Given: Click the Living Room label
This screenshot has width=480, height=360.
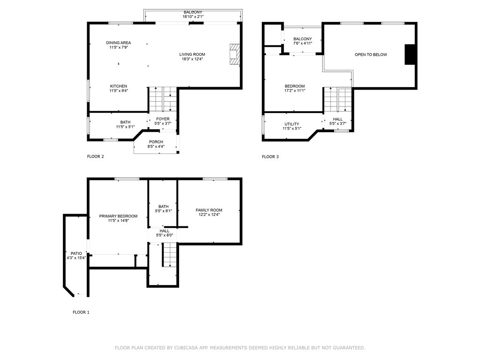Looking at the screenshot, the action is pos(192,54).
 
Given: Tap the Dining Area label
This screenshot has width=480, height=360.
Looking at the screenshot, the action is pos(119,43).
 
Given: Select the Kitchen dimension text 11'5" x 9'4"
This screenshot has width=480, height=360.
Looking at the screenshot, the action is pos(119,91).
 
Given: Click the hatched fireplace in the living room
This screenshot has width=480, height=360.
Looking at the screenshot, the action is pos(235,54).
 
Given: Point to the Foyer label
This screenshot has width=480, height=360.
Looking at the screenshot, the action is pos(163,119).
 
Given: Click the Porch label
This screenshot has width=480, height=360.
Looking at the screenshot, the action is pos(156,142).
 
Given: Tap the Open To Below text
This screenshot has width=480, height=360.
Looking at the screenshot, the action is pos(371,55).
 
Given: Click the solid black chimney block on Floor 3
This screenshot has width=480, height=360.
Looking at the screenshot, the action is pos(410,54).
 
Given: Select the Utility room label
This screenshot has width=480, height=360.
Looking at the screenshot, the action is pos(292,124).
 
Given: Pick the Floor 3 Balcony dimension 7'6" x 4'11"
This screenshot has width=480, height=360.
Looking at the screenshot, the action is pos(302,44).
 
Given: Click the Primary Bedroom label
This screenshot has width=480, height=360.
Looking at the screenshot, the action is pos(118,216).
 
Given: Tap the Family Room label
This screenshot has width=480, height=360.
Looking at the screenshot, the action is pos(209,210).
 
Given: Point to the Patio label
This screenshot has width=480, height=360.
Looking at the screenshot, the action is pos(76,254).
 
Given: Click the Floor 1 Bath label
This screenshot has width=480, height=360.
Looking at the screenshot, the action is pos(164,207).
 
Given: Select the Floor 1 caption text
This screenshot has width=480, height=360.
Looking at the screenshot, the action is pos(81,312).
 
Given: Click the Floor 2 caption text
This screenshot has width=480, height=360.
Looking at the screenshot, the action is pos(96,157).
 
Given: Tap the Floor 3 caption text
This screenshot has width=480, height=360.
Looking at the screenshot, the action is pos(270,157).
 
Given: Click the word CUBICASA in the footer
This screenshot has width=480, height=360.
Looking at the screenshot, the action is pos(186,348).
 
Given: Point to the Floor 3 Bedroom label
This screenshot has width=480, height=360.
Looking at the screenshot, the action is pos(295,86).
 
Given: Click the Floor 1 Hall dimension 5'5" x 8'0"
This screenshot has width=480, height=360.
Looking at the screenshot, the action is pos(165,235).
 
